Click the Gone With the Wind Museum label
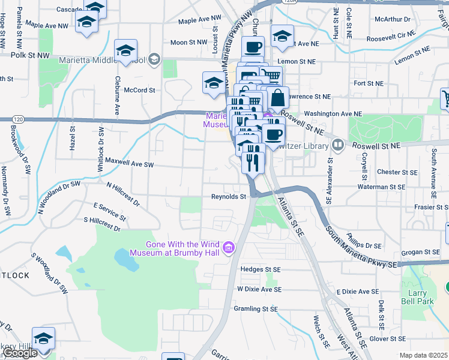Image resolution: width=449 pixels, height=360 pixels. click(182, 248)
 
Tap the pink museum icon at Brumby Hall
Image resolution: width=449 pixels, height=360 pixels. click(228, 247)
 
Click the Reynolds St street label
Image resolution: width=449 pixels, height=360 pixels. click(229, 196)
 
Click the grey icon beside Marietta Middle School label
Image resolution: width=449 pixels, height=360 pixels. click(154, 58)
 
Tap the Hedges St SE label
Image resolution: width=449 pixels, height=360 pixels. click(260, 269)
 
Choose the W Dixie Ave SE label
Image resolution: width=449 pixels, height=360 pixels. click(259, 289)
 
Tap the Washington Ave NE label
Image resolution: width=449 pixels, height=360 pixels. click(333, 113)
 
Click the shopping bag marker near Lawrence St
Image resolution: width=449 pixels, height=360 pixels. click(278, 98)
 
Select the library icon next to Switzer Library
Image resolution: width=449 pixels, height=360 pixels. click(337, 145)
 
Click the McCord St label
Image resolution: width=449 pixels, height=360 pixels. click(139, 90)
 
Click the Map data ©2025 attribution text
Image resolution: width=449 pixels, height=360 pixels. click(423, 355)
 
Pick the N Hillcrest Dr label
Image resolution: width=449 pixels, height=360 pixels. click(123, 194)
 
